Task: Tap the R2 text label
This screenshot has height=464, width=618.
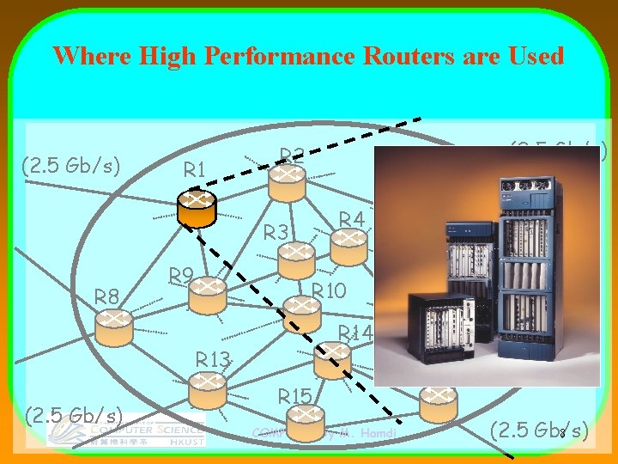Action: click(292, 156)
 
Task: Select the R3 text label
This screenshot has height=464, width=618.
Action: click(276, 232)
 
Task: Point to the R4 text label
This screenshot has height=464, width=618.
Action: click(352, 219)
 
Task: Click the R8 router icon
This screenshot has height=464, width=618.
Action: click(114, 327)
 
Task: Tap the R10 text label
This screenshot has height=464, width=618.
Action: click(329, 290)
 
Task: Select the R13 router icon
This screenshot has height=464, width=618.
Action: click(207, 392)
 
